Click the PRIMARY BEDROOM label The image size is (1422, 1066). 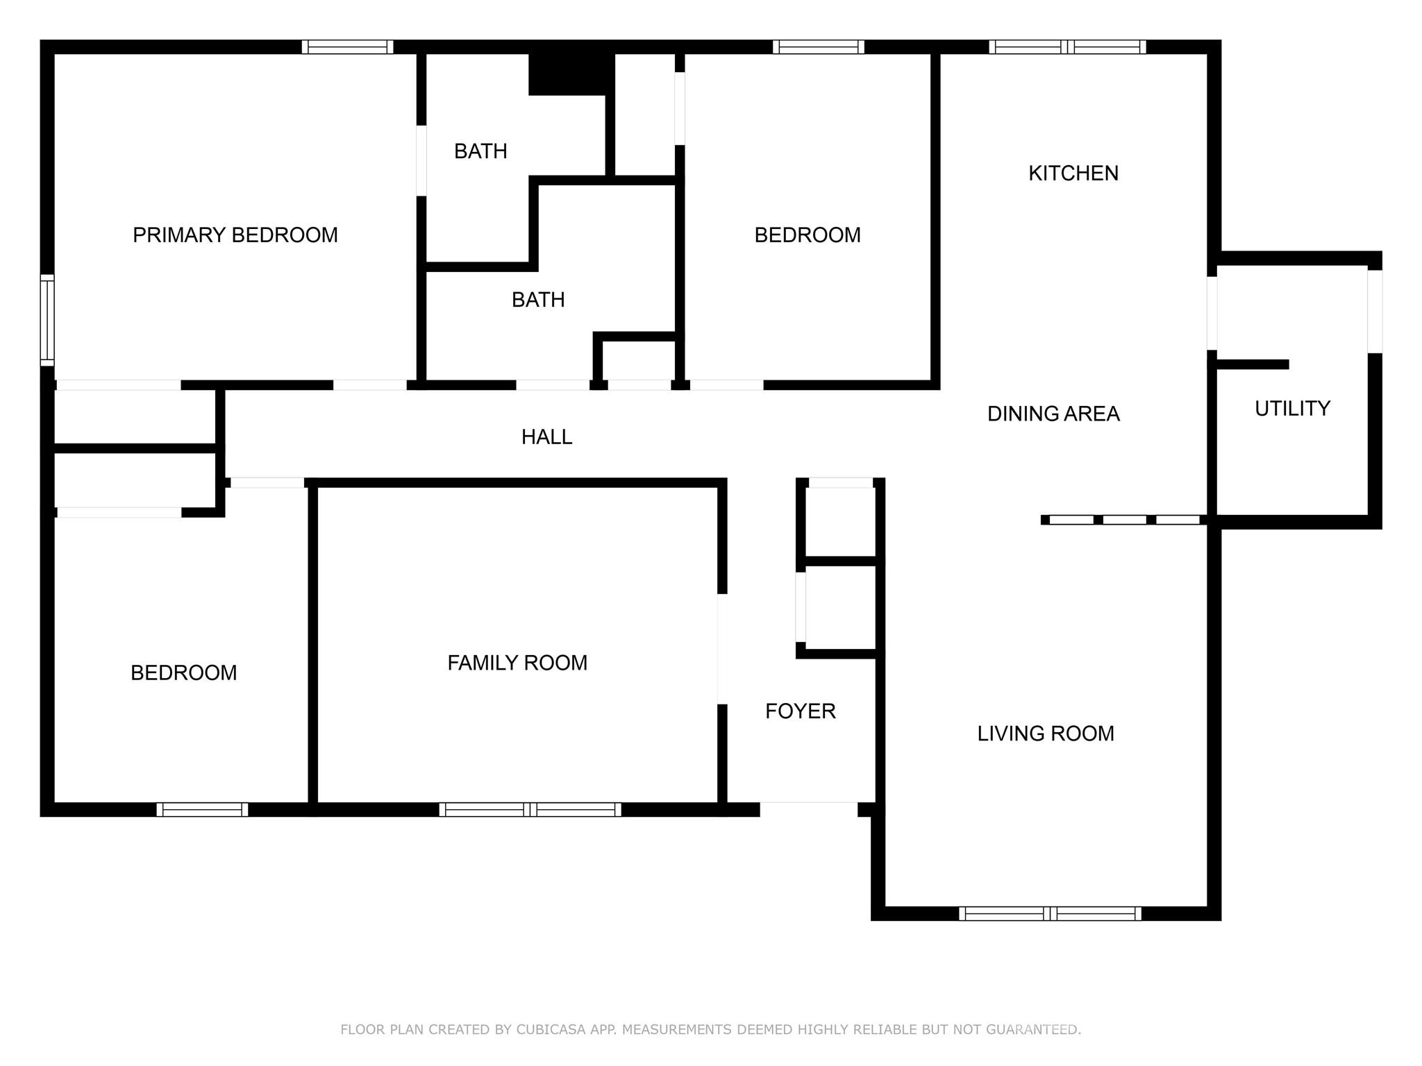click(x=235, y=235)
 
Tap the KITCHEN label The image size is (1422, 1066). click(x=1073, y=174)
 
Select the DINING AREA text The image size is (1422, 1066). click(x=1053, y=414)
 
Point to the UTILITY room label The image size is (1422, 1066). click(x=1292, y=408)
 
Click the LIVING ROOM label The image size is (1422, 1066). click(x=1046, y=734)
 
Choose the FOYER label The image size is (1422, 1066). click(x=800, y=711)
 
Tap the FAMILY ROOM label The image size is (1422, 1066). click(x=517, y=663)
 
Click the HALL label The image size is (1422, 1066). click(x=546, y=437)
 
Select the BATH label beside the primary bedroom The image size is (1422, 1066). click(x=480, y=151)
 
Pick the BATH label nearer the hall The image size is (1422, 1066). click(x=538, y=300)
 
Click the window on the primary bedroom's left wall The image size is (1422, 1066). click(x=47, y=320)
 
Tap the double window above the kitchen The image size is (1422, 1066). click(x=1067, y=47)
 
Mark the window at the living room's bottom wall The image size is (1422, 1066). click(x=1050, y=914)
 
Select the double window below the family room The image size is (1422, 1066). click(x=530, y=809)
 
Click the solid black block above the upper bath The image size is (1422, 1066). click(x=571, y=73)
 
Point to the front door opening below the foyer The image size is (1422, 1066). click(x=809, y=809)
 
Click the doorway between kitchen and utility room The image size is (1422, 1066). click(x=1212, y=313)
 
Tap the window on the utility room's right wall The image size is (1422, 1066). click(x=1375, y=311)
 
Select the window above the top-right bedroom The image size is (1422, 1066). click(x=818, y=47)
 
